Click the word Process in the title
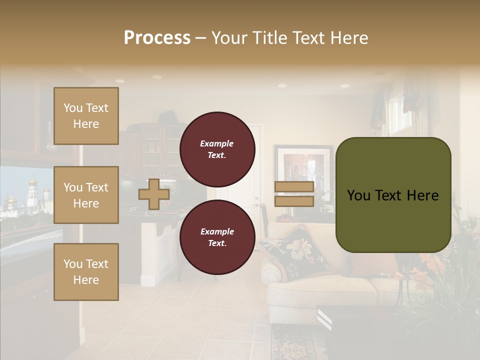pos(157,38)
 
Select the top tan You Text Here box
pos(86,116)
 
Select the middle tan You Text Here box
pos(86,195)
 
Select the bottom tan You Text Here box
pos(86,272)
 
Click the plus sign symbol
pos(153,194)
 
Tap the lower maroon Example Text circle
pos(217,237)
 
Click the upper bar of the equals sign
pos(294,187)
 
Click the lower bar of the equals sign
pos(294,201)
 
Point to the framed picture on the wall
pos(303,167)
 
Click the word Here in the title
pos(349,38)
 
